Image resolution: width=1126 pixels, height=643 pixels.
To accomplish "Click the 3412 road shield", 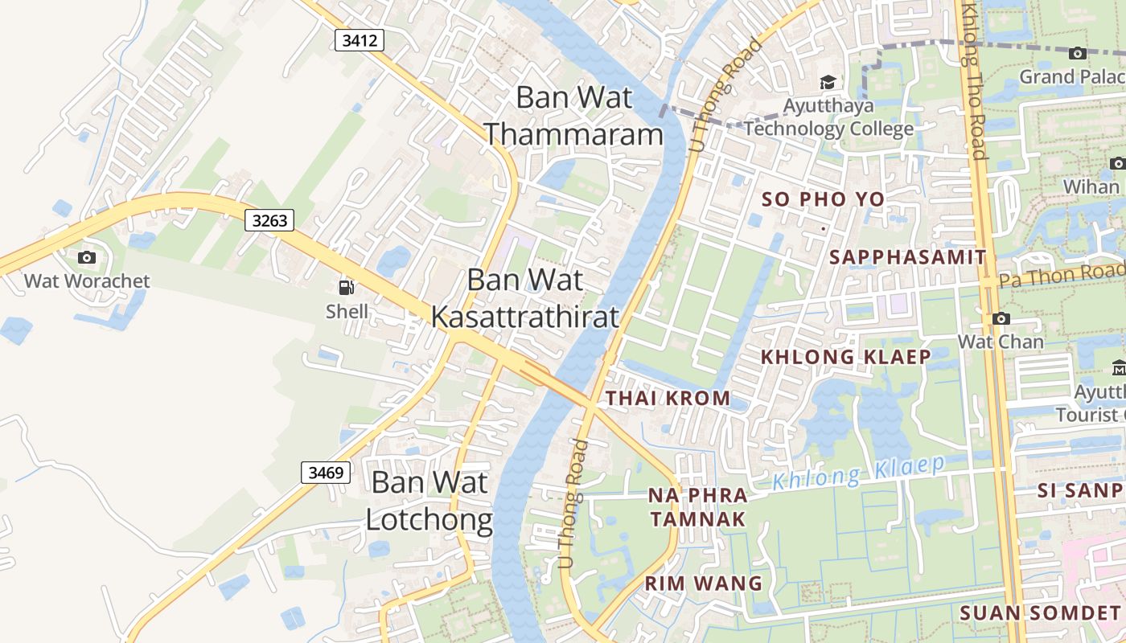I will click(x=360, y=39).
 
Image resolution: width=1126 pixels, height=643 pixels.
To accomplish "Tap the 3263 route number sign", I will click(x=269, y=219).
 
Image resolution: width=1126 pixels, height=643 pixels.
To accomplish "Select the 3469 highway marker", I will click(x=326, y=472).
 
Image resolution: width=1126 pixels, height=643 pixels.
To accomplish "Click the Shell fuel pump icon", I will click(x=347, y=288).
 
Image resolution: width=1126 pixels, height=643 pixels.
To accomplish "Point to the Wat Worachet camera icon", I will click(x=87, y=257).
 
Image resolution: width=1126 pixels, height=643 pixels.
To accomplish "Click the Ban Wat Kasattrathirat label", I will click(x=525, y=298).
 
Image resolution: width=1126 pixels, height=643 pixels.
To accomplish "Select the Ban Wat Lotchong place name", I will click(x=429, y=501).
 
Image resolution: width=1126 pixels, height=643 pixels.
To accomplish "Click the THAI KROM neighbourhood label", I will click(x=668, y=398).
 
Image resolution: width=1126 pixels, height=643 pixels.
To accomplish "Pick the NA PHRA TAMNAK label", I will click(x=698, y=507).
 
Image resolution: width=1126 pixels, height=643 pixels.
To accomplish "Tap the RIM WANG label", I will click(x=704, y=584).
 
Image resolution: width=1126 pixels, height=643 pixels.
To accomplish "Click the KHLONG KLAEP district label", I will click(x=845, y=357).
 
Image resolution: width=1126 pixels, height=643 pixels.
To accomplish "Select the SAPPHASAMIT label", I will click(x=907, y=257).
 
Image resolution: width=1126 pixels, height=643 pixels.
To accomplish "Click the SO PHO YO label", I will click(x=823, y=199).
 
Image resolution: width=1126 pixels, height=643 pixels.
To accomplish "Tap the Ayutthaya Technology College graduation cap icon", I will click(x=828, y=83).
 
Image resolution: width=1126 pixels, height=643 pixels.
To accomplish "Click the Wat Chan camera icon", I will click(x=1001, y=318).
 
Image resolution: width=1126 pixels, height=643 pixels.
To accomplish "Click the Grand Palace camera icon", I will click(x=1078, y=53).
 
